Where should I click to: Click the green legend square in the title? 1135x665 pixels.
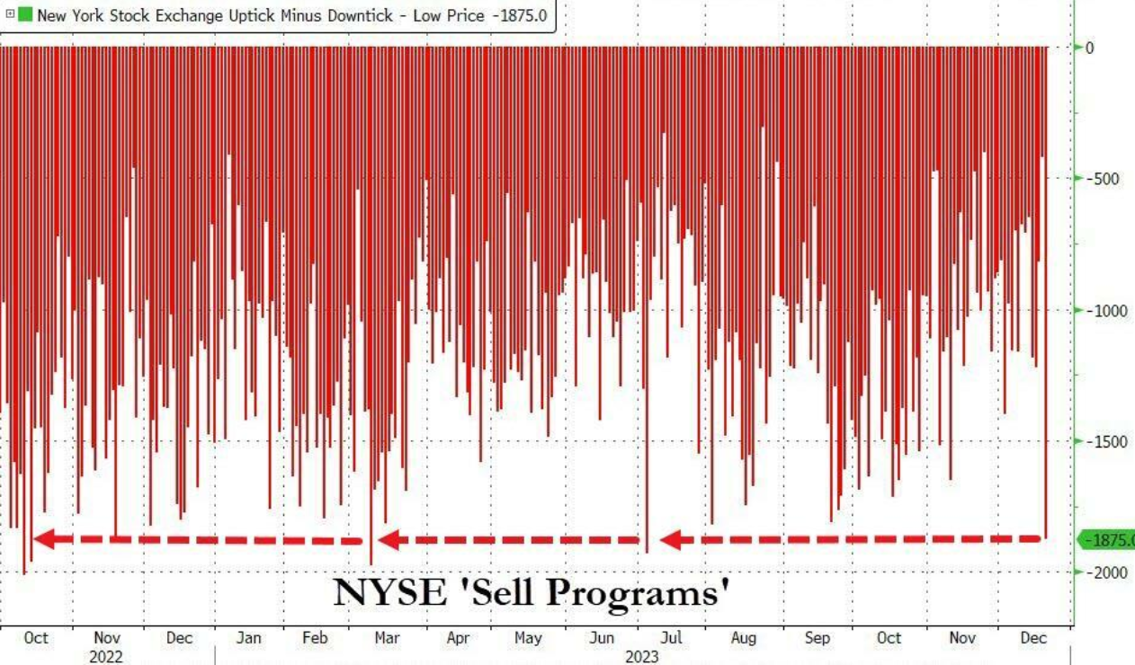coord(24,15)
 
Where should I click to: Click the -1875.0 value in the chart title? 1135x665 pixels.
coord(519,15)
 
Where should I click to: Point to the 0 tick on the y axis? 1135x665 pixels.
coord(1089,48)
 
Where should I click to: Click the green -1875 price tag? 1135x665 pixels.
coord(1108,540)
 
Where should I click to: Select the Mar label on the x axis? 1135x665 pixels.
coord(387,638)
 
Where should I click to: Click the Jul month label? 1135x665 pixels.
coord(671,638)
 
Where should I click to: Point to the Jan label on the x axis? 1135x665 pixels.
coord(248,638)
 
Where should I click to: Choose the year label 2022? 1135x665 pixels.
coord(106,657)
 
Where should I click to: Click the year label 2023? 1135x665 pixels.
coord(642,657)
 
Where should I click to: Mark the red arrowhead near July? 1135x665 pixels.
coord(671,540)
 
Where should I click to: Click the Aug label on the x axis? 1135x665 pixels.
coord(743,638)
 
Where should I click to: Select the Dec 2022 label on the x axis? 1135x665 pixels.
coord(179,638)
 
